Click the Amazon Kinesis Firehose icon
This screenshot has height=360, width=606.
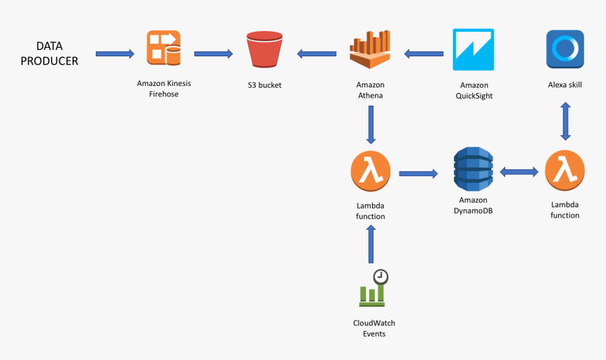pos(163,48)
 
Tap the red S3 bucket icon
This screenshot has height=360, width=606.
pos(264,49)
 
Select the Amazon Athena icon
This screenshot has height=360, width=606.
pos(370,49)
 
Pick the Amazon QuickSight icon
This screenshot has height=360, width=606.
pos(474,49)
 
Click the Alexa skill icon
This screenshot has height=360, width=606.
pos(565,49)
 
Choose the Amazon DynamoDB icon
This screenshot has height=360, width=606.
pos(473,169)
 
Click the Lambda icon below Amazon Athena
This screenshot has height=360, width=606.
pos(371,171)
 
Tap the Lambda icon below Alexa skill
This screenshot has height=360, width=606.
pos(564,170)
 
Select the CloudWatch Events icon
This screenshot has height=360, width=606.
pos(373,288)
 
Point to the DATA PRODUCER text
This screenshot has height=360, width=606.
pos(49,54)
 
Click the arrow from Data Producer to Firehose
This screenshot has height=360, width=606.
pos(115,54)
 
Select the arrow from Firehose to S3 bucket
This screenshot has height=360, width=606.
pos(214,54)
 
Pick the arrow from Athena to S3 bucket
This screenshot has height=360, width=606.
pos(316,54)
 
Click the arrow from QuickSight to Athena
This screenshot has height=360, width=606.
pos(423,54)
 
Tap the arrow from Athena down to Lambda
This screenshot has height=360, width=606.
pos(371,125)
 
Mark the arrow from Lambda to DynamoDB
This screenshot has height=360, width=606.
pos(419,174)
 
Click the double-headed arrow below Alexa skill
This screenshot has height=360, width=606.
pos(565,121)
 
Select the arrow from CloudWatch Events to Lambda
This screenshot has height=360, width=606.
pos(371,244)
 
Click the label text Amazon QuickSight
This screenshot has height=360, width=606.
pos(474,90)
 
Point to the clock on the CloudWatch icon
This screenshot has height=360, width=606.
pos(381,277)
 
